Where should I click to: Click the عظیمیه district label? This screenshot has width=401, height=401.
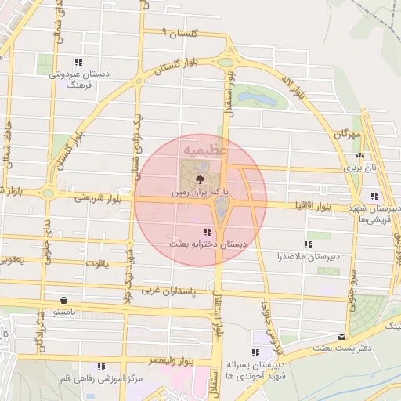click(x=205, y=147)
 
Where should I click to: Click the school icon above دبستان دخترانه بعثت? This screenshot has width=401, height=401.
click(x=207, y=232)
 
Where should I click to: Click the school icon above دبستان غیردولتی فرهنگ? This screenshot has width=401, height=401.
click(x=78, y=62)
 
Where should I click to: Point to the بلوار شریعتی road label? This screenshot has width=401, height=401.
click(x=82, y=197)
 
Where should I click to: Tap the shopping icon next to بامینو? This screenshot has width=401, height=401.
click(x=63, y=300)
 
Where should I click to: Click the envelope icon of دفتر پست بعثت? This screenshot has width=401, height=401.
click(x=341, y=337)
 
